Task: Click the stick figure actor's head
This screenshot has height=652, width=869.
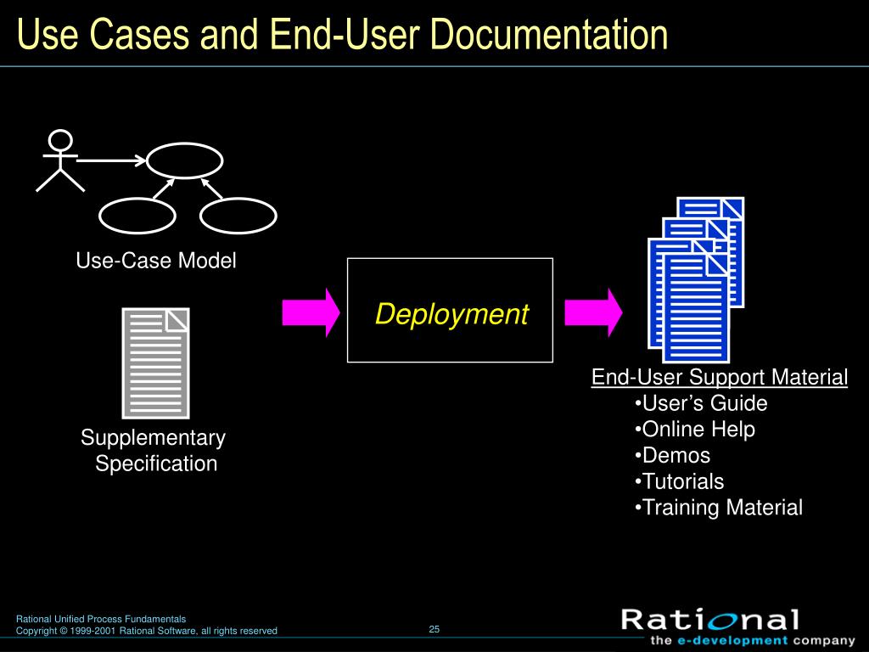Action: pos(60,140)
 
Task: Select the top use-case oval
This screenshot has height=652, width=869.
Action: pos(185,160)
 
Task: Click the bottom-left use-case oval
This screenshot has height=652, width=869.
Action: pos(137,216)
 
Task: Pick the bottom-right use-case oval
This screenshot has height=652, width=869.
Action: pos(238,216)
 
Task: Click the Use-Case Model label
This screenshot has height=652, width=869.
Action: pos(156,261)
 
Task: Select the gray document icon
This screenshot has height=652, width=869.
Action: pos(155,363)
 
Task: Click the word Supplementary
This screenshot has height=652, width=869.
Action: pos(154,438)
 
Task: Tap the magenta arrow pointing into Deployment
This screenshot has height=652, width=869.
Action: pos(311,312)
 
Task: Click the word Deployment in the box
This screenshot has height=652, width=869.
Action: pos(451,314)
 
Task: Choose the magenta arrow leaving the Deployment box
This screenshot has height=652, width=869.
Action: pos(592,312)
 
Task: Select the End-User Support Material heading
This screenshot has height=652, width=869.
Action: pos(720,377)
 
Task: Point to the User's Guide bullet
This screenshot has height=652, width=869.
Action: pos(701,403)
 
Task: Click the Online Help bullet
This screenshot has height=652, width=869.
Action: pos(695,430)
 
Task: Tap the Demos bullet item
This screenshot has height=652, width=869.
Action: pos(673,455)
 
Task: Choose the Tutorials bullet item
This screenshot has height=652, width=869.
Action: pos(680,481)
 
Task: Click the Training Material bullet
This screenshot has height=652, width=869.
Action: pos(719,508)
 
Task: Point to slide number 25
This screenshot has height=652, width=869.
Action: pos(434,629)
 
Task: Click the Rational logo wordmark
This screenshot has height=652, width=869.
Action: pos(710,620)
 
